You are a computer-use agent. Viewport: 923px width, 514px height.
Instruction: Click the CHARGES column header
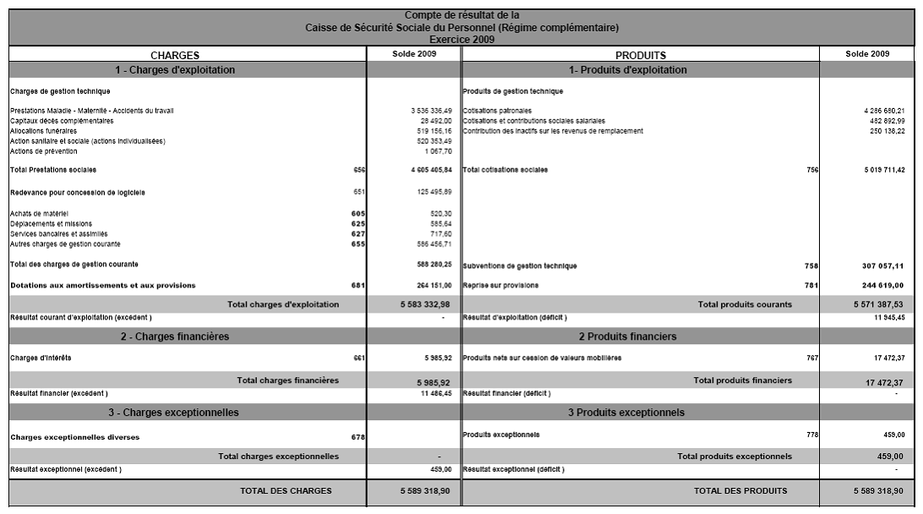coord(175,55)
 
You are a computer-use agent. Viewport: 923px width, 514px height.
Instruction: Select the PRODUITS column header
coord(641,55)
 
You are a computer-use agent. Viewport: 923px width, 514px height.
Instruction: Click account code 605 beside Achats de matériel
coord(358,213)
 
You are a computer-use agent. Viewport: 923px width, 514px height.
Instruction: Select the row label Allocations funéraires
coord(42,131)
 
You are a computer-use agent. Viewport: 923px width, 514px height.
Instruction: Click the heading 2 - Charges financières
coord(175,336)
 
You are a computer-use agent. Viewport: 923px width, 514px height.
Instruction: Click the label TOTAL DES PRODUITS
coord(740,490)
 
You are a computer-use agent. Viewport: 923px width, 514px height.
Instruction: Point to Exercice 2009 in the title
coord(461,39)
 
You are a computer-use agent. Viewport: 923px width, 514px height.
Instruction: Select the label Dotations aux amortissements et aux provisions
coord(102,285)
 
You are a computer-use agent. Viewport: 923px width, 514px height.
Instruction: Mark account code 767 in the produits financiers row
coord(812,358)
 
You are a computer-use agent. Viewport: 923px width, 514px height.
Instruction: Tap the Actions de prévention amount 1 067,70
coord(441,151)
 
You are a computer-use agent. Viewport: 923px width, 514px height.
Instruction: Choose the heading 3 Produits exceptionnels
coord(626,413)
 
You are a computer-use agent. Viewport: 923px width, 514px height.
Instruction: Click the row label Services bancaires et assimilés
coord(59,233)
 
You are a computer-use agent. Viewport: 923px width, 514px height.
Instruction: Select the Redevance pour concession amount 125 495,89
coord(436,192)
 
